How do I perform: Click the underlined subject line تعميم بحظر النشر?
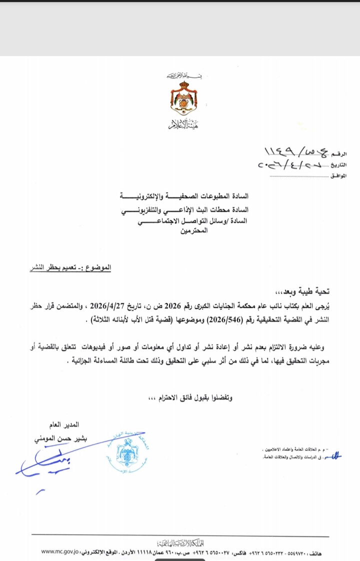69,268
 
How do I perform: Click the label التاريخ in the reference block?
338,165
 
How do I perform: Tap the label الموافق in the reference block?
338,176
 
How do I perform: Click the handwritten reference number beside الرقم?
295,151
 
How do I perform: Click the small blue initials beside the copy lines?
331,454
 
